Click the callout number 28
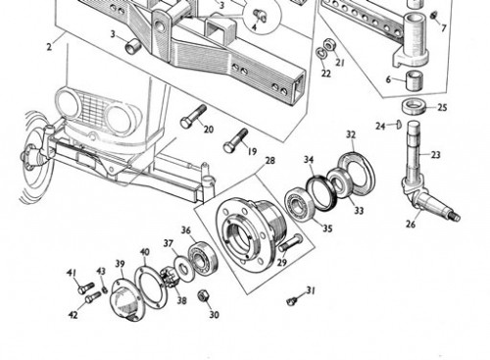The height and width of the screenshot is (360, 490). tap(270, 161)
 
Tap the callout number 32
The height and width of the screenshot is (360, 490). tap(351, 134)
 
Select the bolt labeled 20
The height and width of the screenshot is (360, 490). tap(193, 116)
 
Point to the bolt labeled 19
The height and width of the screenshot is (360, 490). tap(235, 140)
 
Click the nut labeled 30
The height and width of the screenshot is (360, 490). tap(203, 295)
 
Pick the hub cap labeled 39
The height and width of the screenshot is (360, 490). tap(124, 299)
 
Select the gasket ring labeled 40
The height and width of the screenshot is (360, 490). tap(150, 286)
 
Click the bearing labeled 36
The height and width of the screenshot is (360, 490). tap(203, 257)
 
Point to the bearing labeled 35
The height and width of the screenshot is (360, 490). tap(299, 204)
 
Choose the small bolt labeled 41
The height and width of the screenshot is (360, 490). tap(85, 288)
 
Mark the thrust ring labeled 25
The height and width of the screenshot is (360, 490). tap(414, 106)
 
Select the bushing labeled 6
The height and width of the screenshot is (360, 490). tap(415, 80)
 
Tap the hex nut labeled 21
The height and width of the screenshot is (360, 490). tap(329, 45)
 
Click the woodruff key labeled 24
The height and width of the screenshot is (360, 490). tap(398, 125)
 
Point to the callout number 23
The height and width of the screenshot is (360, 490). tap(436, 154)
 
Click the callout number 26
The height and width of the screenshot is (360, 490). tap(411, 224)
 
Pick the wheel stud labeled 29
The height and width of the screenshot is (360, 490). tap(290, 243)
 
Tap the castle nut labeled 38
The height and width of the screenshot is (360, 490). tap(170, 279)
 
